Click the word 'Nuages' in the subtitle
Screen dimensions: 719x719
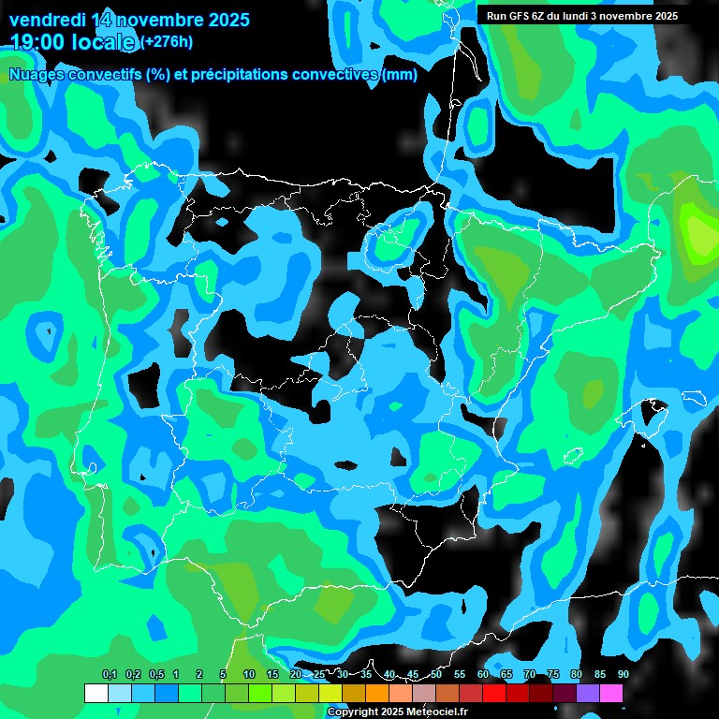point(40,75)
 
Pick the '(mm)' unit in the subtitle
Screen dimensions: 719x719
point(399,75)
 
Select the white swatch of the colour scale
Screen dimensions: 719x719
point(95,693)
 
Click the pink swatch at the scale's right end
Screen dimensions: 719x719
point(610,693)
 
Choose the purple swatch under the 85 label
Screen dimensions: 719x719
point(587,693)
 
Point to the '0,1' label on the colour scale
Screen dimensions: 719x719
point(109,674)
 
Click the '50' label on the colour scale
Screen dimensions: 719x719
point(436,674)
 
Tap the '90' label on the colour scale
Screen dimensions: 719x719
point(623,674)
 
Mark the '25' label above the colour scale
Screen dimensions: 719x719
point(319,674)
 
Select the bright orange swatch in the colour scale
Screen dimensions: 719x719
point(376,693)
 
